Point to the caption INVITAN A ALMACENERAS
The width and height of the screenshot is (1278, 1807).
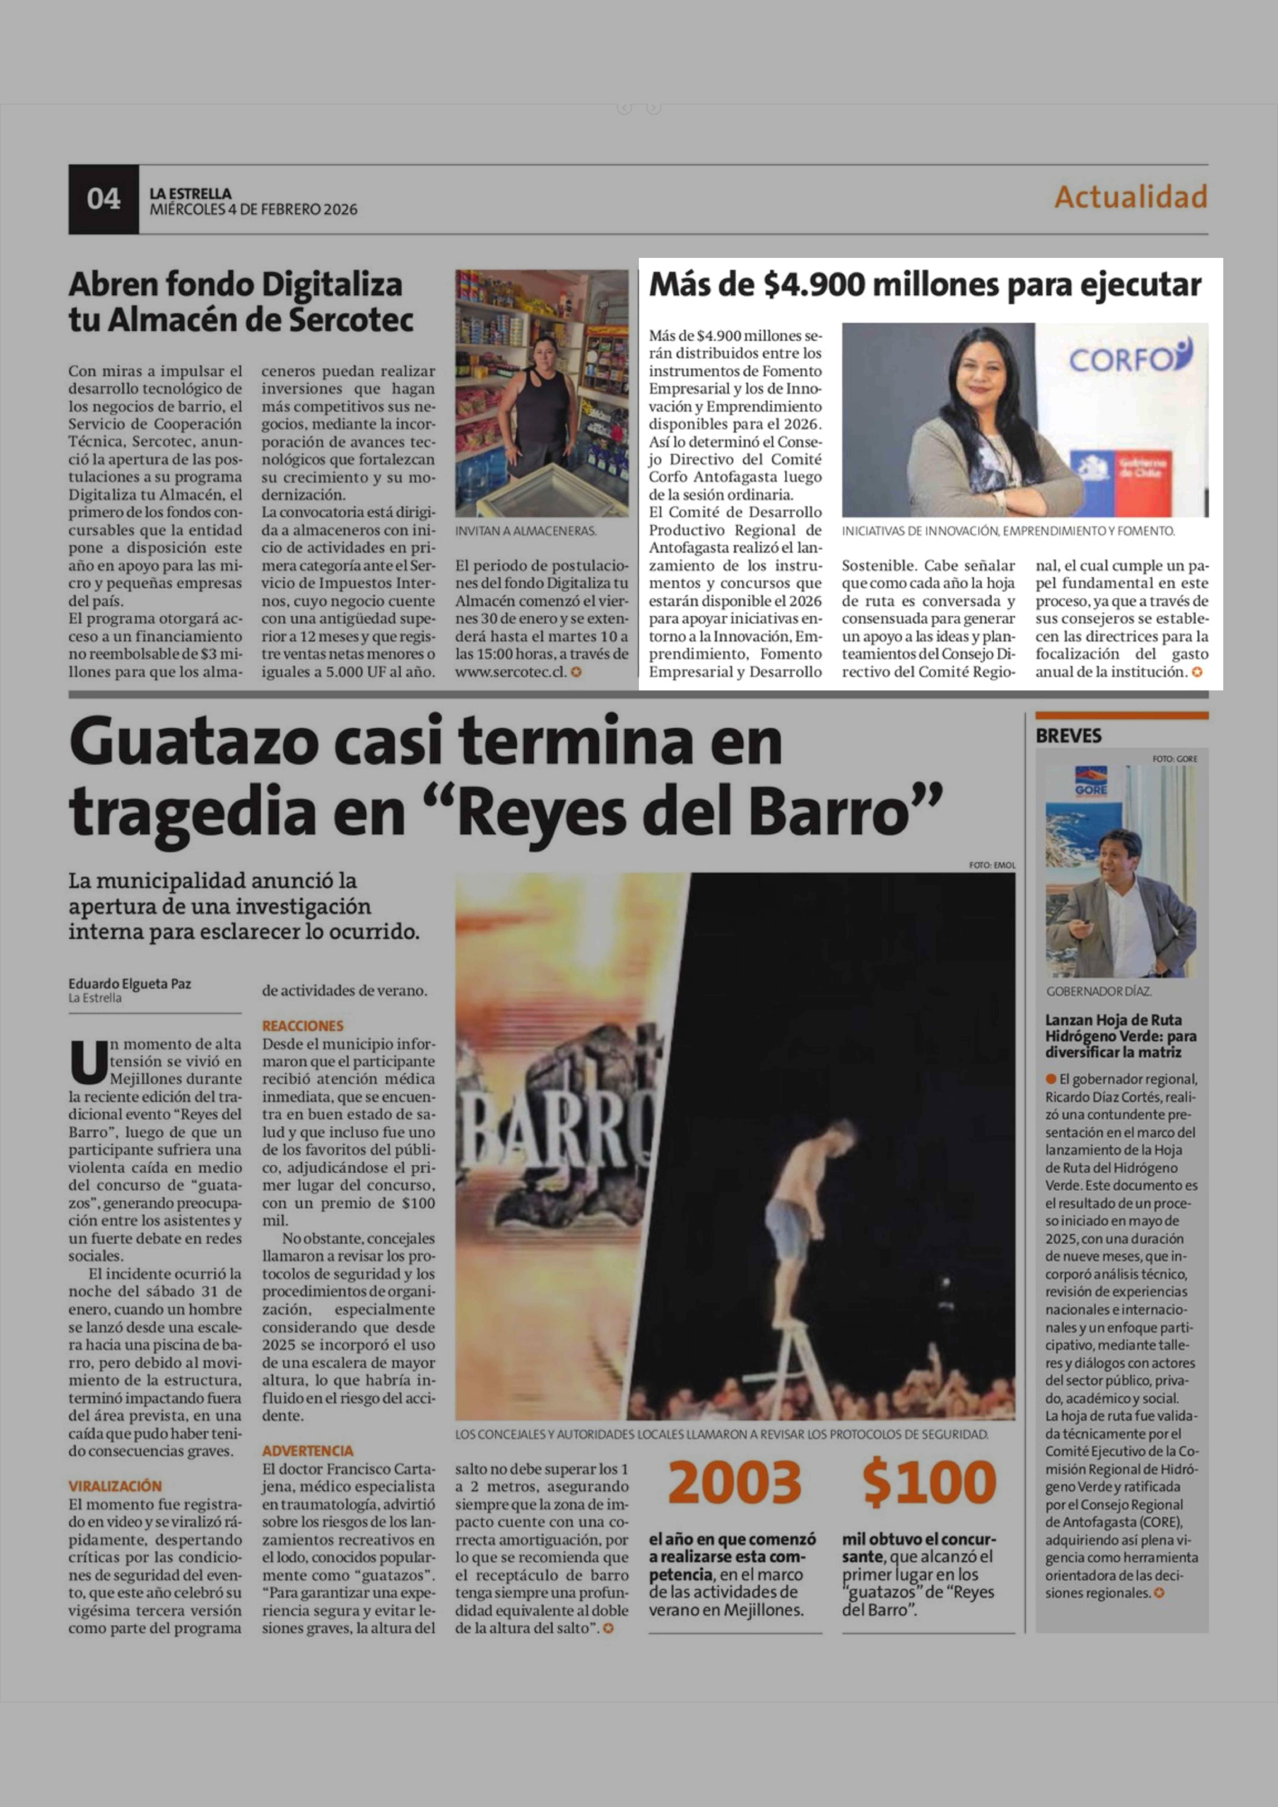[526, 531]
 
